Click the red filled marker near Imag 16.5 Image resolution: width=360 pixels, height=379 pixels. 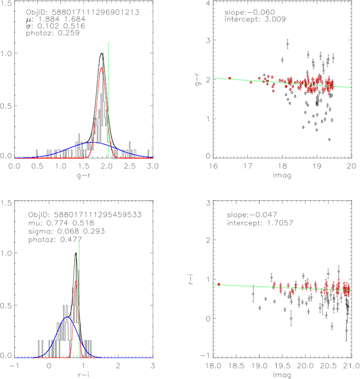[229, 78]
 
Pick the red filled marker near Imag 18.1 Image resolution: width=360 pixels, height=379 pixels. [219, 284]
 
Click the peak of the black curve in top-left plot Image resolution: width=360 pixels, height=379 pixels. [101, 53]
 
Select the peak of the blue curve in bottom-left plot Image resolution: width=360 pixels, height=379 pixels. [67, 317]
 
